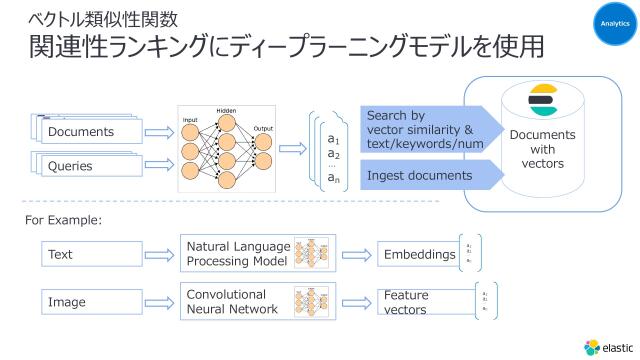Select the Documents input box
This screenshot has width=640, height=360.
(81, 132)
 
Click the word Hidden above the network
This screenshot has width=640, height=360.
(226, 110)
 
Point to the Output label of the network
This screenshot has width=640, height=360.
(263, 128)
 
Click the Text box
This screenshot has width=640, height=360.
(90, 255)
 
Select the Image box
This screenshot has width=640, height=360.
(90, 301)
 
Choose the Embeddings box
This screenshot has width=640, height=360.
(418, 255)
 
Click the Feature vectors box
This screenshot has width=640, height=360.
(418, 301)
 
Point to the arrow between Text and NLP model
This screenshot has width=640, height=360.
(158, 255)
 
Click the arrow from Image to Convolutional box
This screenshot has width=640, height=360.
(158, 301)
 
